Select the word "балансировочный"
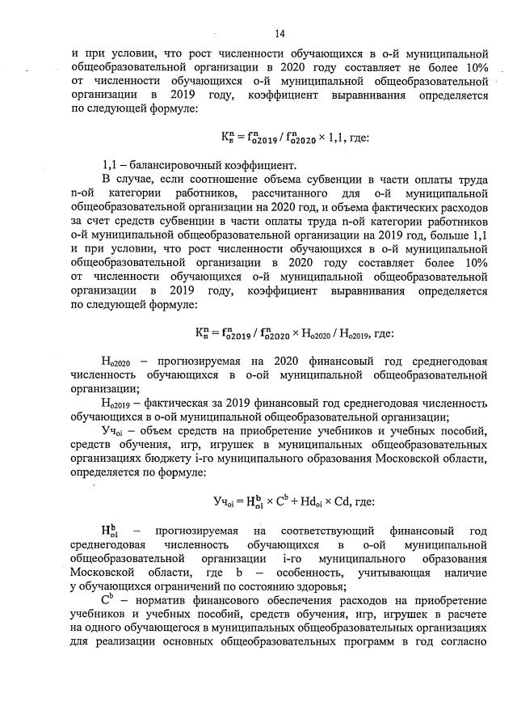(172, 166)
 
